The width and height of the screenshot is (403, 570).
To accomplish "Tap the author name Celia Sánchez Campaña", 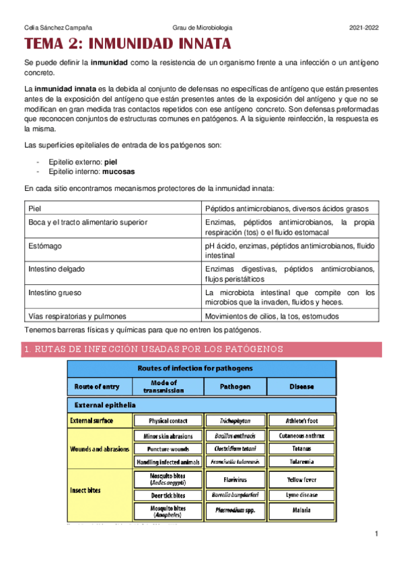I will click(58, 28).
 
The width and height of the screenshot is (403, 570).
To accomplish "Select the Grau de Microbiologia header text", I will click(203, 28).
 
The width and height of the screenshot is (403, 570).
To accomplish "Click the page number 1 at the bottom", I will click(377, 534).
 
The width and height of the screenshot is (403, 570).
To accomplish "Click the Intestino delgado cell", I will click(57, 270).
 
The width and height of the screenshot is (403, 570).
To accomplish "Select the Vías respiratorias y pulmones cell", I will click(77, 316).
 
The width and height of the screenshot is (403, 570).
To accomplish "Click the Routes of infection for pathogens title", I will click(201, 368).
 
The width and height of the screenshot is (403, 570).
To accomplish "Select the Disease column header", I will click(301, 386).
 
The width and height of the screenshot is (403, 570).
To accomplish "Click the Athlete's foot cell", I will click(301, 421).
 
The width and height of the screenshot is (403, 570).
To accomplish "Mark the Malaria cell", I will click(301, 510).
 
